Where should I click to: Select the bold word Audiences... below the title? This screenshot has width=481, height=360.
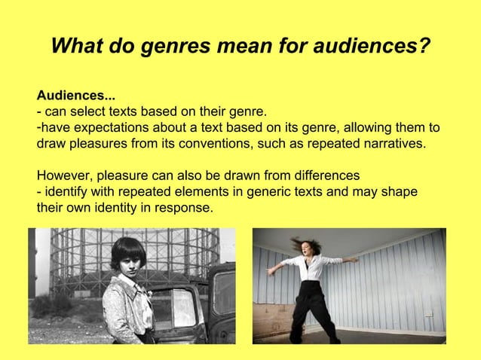77,96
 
